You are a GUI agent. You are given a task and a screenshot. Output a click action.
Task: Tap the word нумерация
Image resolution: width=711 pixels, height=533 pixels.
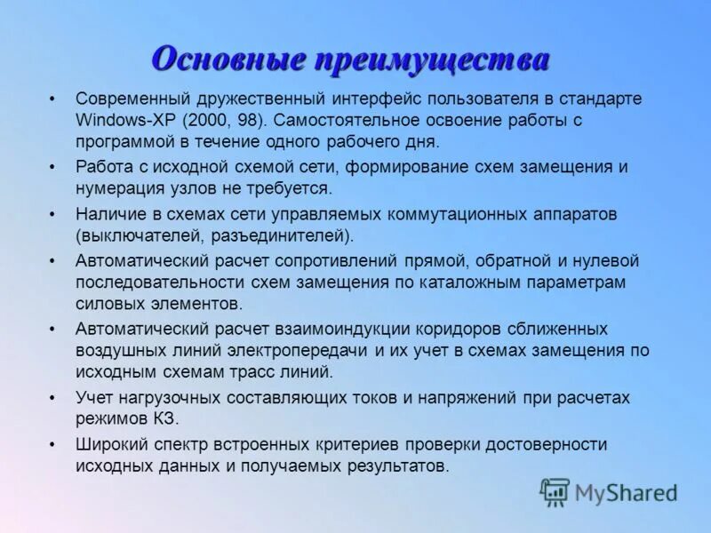tap(117, 188)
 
